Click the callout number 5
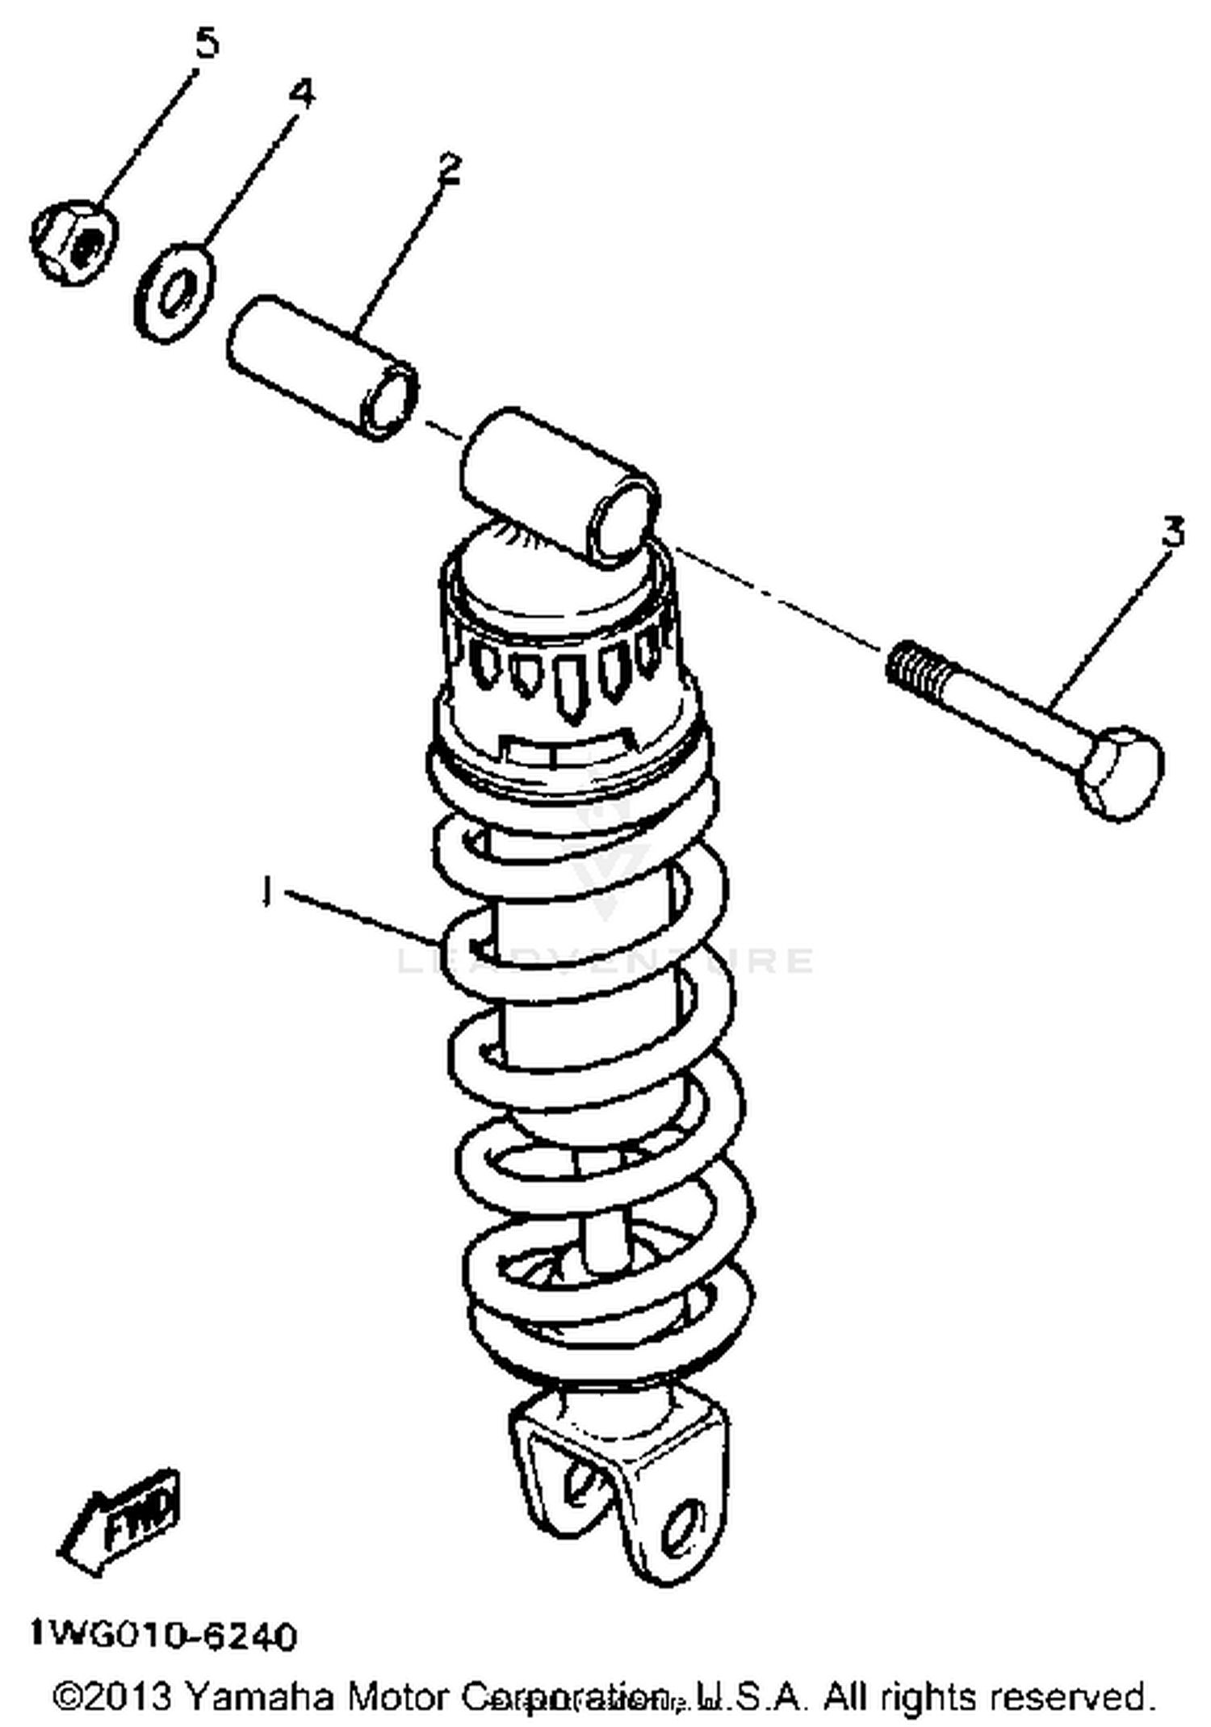click(x=207, y=43)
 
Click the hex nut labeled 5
click(x=74, y=241)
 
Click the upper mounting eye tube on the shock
click(x=557, y=484)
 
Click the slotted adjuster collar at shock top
click(x=565, y=670)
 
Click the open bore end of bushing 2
click(x=392, y=398)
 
